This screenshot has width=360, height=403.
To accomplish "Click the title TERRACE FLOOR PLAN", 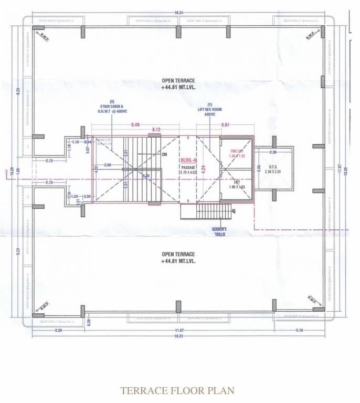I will click(x=177, y=390).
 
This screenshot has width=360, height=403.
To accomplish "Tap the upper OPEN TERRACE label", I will click(x=178, y=84).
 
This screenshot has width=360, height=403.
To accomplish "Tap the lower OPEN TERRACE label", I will click(x=178, y=258).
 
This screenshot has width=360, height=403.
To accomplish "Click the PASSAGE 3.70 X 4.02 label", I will click(x=187, y=169).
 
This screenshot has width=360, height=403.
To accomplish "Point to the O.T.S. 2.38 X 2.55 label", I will click(x=273, y=168).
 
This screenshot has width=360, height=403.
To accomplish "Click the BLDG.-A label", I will click(x=188, y=160).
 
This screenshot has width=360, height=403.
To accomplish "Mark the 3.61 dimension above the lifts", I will click(x=225, y=124).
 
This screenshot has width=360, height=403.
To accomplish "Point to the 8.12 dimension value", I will click(x=156, y=129).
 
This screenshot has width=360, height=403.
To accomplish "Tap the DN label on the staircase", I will click(x=164, y=155).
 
